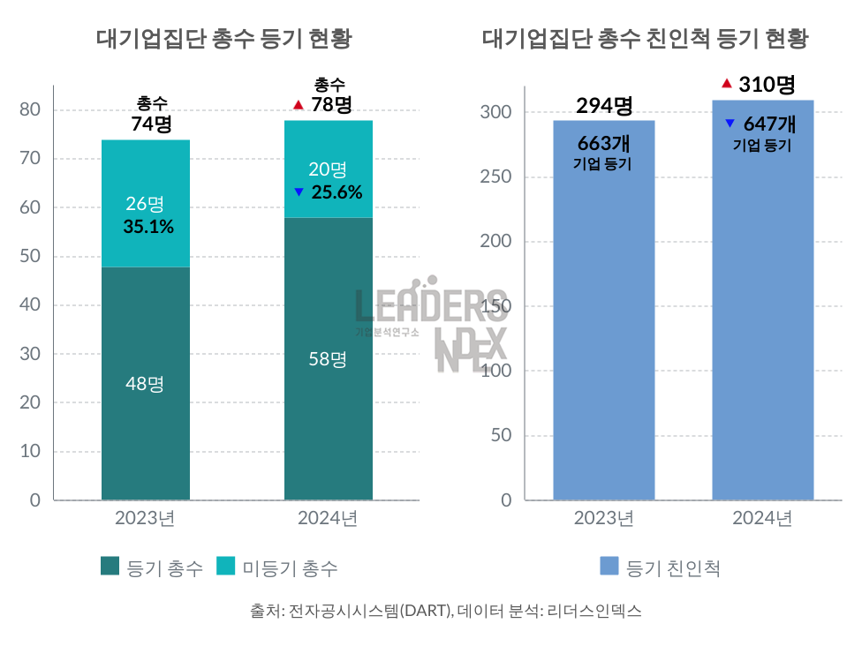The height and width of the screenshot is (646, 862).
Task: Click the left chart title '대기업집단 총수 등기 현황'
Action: (223, 39)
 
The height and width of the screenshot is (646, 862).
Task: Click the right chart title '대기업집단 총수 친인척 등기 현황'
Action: (646, 39)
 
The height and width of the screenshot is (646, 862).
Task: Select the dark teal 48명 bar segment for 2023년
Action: (146, 384)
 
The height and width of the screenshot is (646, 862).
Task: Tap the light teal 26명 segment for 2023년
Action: (146, 204)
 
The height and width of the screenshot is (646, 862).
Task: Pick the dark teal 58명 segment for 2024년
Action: (328, 359)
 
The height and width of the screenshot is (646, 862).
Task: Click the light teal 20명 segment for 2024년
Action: (328, 169)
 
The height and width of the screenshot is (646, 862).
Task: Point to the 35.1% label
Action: (148, 227)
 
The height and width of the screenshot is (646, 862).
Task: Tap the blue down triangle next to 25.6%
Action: (299, 192)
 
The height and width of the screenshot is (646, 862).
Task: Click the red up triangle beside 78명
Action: (298, 106)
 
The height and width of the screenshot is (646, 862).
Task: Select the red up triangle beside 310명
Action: (726, 84)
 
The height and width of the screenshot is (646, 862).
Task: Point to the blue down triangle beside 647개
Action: (730, 124)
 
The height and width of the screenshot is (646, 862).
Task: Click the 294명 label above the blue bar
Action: (604, 106)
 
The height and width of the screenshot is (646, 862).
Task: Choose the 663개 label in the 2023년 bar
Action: (603, 143)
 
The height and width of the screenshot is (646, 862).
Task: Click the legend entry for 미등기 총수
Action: (277, 567)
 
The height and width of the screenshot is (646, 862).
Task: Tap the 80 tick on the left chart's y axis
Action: (31, 109)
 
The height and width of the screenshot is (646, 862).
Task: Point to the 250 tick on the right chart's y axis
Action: (496, 177)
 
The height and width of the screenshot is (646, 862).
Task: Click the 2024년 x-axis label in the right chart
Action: (762, 518)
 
